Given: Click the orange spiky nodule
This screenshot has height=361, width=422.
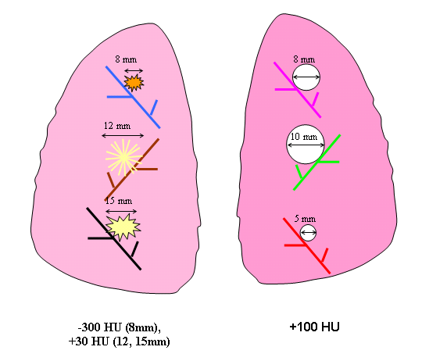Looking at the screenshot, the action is [x=134, y=83].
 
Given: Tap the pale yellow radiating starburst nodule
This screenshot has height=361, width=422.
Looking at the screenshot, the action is [x=123, y=158].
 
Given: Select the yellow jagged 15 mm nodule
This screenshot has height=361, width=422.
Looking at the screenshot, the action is [x=123, y=227].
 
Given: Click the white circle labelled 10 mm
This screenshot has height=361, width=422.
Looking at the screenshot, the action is [x=306, y=145].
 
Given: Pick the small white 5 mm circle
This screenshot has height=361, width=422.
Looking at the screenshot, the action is [x=308, y=233].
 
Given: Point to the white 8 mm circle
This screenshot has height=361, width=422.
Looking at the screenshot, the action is [x=306, y=77].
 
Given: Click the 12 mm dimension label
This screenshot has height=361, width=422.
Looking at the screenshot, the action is [x=117, y=126].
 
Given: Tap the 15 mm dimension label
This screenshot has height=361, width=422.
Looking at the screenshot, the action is [x=119, y=201].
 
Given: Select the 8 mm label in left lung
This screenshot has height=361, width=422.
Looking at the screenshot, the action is [x=126, y=59].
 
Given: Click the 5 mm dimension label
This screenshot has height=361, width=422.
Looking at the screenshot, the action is [x=305, y=219].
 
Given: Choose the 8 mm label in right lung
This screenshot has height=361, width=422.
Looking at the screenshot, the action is [x=304, y=59].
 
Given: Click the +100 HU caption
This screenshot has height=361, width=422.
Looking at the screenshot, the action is [x=314, y=327].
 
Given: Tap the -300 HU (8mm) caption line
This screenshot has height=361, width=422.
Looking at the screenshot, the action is [x=120, y=327].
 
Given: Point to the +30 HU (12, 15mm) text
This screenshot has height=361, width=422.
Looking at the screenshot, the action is [x=120, y=341].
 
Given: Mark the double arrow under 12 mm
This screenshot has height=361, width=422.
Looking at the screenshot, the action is [x=123, y=136].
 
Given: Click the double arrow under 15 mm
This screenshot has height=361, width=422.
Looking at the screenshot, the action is [x=121, y=211].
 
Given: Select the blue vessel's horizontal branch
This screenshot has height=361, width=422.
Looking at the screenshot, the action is [x=120, y=97].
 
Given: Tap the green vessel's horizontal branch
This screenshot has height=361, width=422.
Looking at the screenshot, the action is [x=329, y=162].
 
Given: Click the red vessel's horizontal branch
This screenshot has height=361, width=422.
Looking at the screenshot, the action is [x=295, y=245].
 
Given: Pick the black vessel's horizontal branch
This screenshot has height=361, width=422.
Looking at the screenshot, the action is [x=100, y=238].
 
